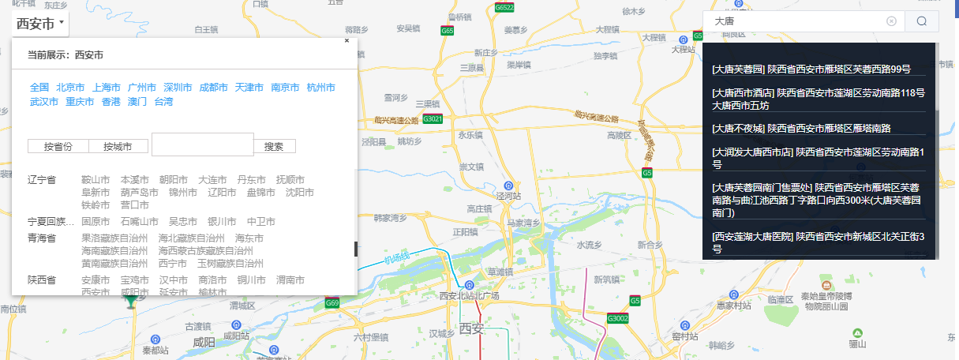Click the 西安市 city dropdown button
(39, 24)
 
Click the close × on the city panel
(347, 40)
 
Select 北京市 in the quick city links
(70, 87)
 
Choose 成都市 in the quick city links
(213, 87)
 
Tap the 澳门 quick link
(137, 101)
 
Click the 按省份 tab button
(58, 146)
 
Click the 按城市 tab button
(119, 146)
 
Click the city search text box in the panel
(202, 144)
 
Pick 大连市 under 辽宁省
(212, 180)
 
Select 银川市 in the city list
(222, 222)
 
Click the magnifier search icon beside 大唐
(921, 21)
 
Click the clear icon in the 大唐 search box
(891, 21)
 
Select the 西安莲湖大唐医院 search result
(818, 242)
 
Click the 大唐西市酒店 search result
(818, 98)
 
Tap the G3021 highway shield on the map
(433, 119)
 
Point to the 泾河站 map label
(508, 195)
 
